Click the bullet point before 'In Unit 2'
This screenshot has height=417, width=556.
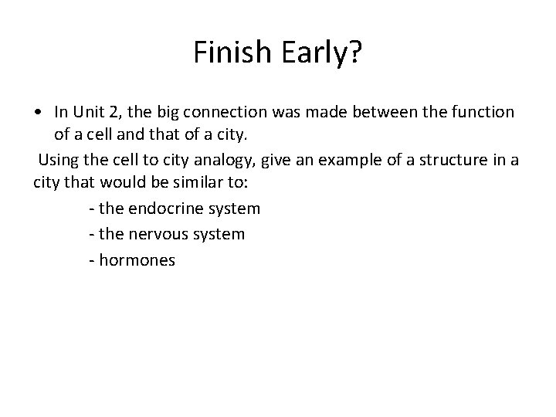coord(38,113)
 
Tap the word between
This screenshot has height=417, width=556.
coord(374,113)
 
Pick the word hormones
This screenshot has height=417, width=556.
coord(137,260)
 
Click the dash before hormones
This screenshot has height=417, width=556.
coord(92,260)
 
